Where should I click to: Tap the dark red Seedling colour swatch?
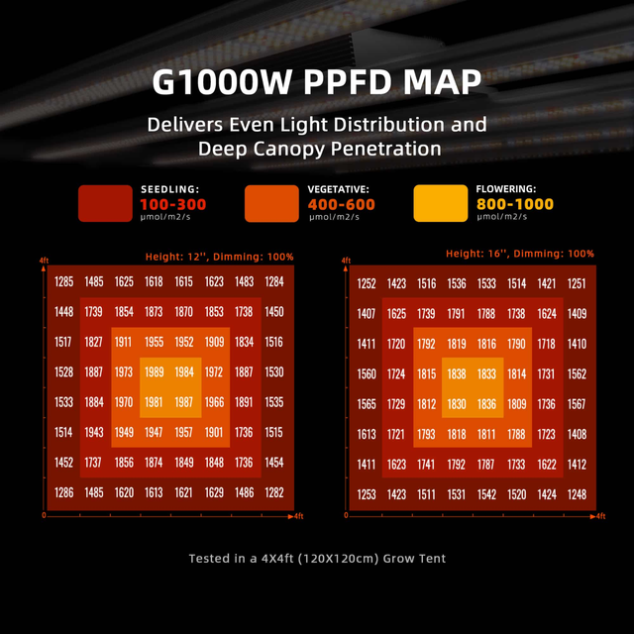105,203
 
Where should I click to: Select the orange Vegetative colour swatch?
271,203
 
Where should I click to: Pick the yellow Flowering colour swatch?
440,203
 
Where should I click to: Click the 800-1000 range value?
515,204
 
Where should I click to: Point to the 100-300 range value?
174,204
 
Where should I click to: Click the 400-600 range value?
341,204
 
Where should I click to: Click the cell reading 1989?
154,372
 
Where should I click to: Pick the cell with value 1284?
274,282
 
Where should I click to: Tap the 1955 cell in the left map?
154,343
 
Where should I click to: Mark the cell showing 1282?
274,492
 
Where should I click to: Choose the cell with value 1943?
94,433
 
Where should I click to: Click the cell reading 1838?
456,374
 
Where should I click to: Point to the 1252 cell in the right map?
367,284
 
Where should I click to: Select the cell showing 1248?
577,494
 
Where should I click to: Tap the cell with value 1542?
486,494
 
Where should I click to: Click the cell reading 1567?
577,404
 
